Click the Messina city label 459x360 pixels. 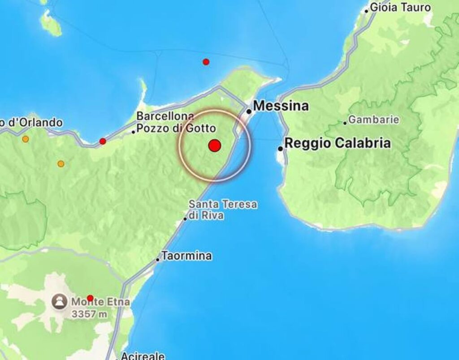pyautogui.click(x=281, y=106)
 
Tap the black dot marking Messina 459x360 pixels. pyautogui.click(x=249, y=111)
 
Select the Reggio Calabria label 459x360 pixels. pyautogui.click(x=338, y=143)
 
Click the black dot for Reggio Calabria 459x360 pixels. pyautogui.click(x=280, y=148)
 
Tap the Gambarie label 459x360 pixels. pyautogui.click(x=374, y=120)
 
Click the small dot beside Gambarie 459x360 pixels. pyautogui.click(x=345, y=123)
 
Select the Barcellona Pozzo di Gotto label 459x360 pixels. pyautogui.click(x=176, y=122)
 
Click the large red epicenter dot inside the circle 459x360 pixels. pyautogui.click(x=215, y=146)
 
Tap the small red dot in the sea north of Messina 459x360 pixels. pyautogui.click(x=206, y=62)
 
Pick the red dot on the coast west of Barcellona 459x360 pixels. pyautogui.click(x=103, y=141)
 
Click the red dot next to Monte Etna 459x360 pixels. pyautogui.click(x=90, y=298)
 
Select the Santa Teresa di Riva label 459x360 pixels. pyautogui.click(x=223, y=210)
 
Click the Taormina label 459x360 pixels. pyautogui.click(x=186, y=257)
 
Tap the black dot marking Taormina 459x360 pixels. pyautogui.click(x=158, y=259)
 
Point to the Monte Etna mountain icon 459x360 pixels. pyautogui.click(x=59, y=302)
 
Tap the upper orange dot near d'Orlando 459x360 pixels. pyautogui.click(x=26, y=139)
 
